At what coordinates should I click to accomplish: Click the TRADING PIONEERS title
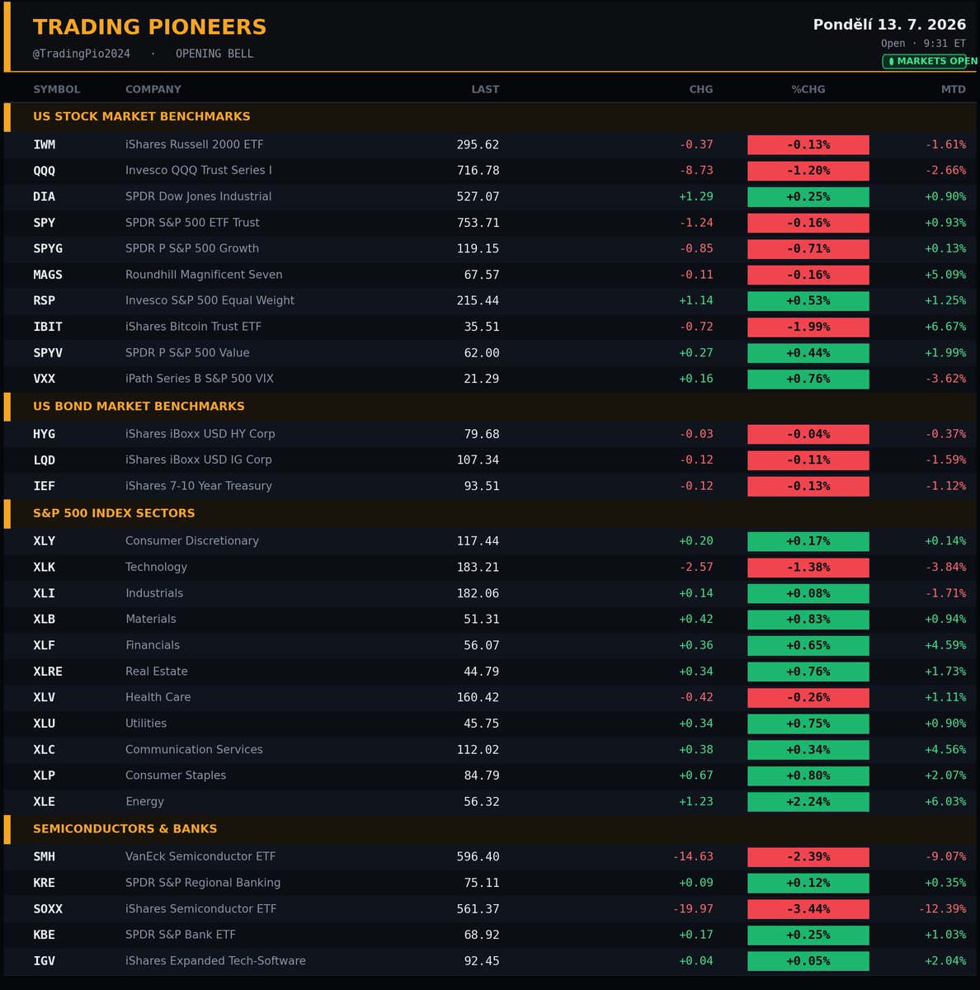(149, 26)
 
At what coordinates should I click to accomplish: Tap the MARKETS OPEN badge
(930, 61)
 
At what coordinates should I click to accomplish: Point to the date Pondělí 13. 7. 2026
(889, 24)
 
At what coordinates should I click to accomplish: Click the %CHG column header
(808, 89)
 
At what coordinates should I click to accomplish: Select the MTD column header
(954, 89)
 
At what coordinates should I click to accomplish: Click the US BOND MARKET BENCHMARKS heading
(139, 407)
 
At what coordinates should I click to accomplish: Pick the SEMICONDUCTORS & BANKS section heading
(125, 828)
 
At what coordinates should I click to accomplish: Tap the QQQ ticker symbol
(45, 171)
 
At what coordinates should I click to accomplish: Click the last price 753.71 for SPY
(478, 223)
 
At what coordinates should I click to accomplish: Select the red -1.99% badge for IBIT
(808, 327)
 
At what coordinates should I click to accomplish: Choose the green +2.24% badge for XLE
(808, 801)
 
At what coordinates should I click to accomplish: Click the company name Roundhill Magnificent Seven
(204, 275)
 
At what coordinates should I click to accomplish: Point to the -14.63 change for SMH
(693, 856)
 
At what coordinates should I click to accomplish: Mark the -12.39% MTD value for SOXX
(942, 909)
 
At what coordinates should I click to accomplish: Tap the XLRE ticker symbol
(48, 672)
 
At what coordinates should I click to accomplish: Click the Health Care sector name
(158, 697)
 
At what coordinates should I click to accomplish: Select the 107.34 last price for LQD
(478, 460)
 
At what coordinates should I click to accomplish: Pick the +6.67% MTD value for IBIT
(945, 327)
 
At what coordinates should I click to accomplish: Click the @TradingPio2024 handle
(81, 54)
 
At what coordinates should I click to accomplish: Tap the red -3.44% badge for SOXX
(808, 909)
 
